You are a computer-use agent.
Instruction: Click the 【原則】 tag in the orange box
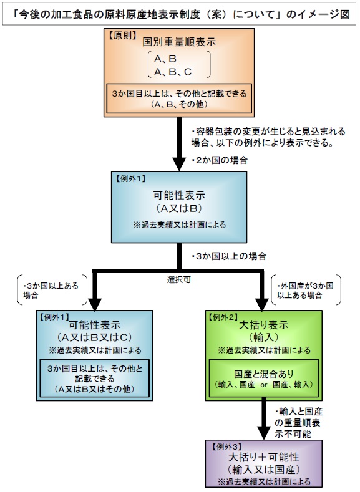[x=122, y=36]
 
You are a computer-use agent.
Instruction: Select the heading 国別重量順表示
[x=179, y=42]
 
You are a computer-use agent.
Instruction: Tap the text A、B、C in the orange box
[x=173, y=72]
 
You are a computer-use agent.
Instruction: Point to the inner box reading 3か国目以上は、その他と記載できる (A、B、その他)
[x=179, y=98]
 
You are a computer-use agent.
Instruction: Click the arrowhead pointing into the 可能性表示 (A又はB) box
[x=179, y=165]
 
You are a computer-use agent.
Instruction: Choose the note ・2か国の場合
[x=220, y=160]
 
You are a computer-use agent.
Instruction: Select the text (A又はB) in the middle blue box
[x=179, y=208]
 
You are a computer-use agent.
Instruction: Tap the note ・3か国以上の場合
[x=229, y=256]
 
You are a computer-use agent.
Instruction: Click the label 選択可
[x=179, y=279]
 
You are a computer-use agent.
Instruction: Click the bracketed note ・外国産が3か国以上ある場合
[x=305, y=290]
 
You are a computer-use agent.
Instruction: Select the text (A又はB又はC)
[x=94, y=337]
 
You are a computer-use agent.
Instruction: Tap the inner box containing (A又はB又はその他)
[x=94, y=378]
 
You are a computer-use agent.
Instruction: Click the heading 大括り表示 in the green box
[x=264, y=325]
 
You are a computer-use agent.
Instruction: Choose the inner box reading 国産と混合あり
[x=264, y=378]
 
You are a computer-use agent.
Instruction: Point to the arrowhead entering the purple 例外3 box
[x=264, y=433]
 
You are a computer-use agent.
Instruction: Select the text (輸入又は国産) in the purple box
[x=264, y=470]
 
